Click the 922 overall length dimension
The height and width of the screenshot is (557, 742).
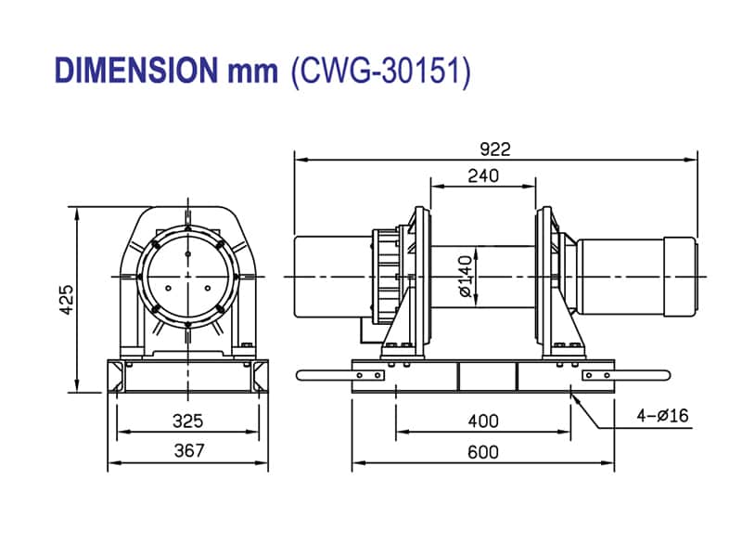tap(495, 149)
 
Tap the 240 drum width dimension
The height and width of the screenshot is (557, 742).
tap(483, 175)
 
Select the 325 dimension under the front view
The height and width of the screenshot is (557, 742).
tap(188, 421)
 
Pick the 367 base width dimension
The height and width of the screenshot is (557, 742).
tap(188, 451)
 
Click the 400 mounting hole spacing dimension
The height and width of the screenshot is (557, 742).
tap(482, 421)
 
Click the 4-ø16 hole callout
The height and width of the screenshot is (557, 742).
tap(661, 415)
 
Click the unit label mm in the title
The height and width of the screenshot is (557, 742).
tap(251, 71)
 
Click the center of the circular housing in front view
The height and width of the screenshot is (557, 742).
tap(188, 276)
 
